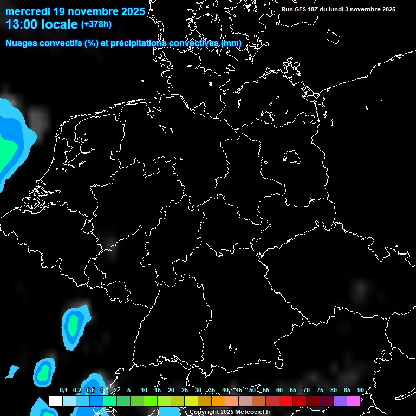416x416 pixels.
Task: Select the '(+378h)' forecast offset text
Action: pos(96,24)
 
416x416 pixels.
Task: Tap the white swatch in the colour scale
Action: pos(56,401)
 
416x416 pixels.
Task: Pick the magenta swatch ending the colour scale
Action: pos(354,401)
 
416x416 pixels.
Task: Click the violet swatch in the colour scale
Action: pos(340,401)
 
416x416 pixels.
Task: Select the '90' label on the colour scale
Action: pos(360,390)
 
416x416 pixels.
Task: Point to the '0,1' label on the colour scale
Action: pos(63,390)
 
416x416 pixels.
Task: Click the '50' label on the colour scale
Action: pos(252,390)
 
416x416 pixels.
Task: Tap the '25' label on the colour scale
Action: pos(185,390)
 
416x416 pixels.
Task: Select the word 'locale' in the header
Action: pos(58,24)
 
